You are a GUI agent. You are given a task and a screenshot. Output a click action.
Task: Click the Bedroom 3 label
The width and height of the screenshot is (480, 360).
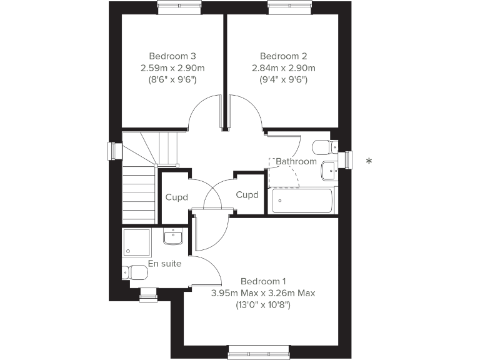[x=168, y=56]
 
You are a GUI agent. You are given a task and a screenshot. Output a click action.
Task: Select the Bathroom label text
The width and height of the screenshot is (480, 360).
[x=296, y=161]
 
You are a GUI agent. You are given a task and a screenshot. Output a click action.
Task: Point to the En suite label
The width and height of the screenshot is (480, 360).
[x=164, y=264]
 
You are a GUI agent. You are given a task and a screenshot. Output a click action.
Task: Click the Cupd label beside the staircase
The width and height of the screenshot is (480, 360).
[x=176, y=197]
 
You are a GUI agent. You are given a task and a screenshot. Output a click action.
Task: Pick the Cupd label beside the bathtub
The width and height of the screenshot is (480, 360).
[x=247, y=195]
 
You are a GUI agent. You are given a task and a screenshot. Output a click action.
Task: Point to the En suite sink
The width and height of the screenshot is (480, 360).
[x=172, y=236]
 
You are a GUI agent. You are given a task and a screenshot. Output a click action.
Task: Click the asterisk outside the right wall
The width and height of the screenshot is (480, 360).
[x=369, y=162]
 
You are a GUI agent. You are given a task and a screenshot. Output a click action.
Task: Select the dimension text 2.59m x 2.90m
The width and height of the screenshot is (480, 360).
[x=168, y=67]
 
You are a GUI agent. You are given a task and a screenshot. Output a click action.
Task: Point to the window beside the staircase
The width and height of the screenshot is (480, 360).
[x=114, y=151]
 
